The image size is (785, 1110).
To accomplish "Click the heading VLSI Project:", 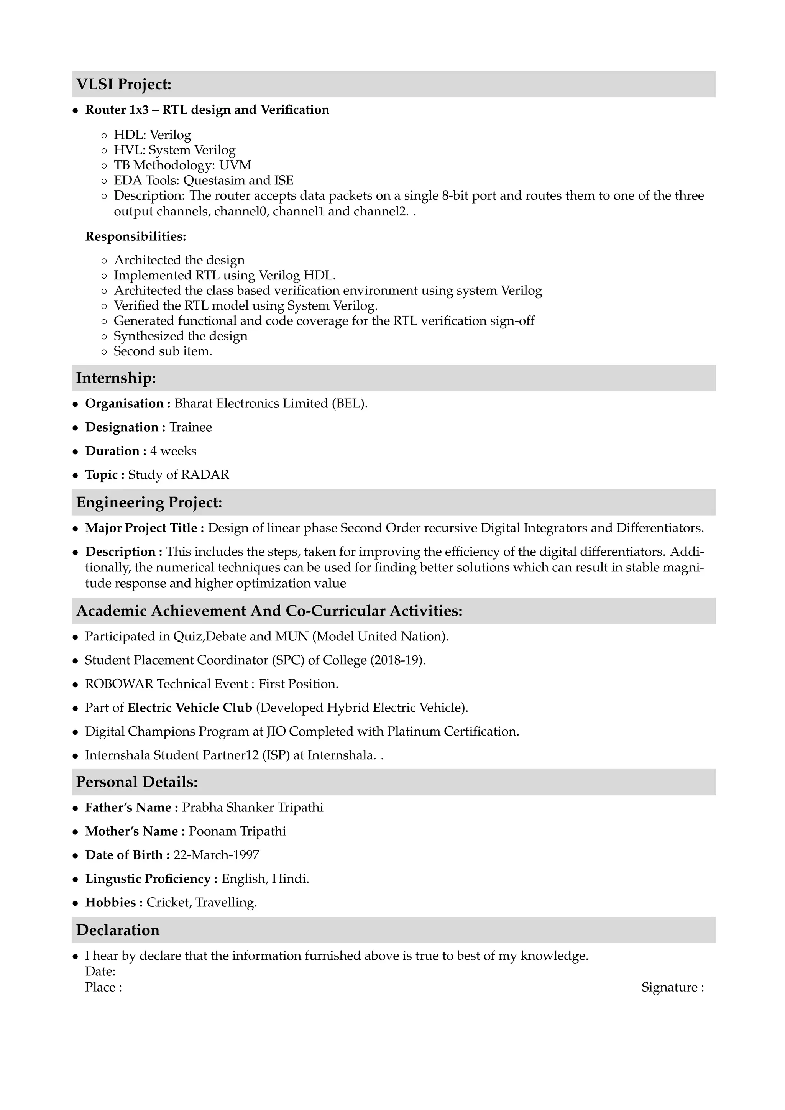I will point(124,85).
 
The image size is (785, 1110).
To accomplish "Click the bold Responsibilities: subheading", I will point(135,236).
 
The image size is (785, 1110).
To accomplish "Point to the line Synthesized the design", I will point(180,336).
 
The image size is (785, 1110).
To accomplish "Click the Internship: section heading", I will point(116,378).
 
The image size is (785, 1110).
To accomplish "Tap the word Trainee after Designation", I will point(191,427).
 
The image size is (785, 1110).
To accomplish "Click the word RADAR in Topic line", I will point(205,475).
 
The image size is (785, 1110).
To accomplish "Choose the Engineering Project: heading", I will point(149,503).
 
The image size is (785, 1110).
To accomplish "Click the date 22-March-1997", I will point(216,855).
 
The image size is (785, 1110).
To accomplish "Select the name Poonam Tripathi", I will point(237,831).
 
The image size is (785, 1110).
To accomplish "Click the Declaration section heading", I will point(117,930).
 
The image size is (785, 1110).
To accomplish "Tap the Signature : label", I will point(672,987).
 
